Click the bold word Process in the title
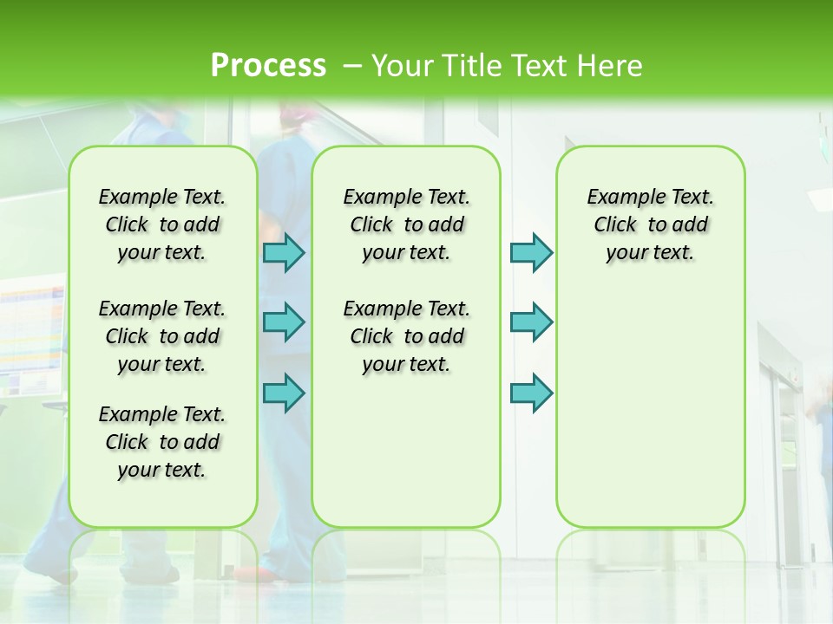pos(268,65)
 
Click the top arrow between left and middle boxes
pos(284,252)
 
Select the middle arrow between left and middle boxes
pos(284,322)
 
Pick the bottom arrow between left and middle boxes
pos(284,393)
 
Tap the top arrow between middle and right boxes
pos(531,252)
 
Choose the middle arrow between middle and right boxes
pos(531,322)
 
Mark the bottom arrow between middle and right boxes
pos(531,393)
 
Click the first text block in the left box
pos(162,224)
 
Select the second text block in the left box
pos(162,336)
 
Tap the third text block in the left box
pos(162,442)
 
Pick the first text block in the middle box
pos(407,224)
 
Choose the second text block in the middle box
pos(407,336)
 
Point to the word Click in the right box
pos(615,224)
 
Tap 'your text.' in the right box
pos(650,252)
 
